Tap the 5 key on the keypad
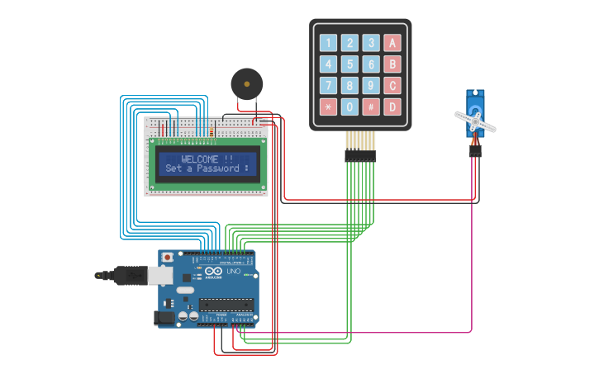[x=350, y=64]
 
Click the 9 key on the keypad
[x=372, y=85]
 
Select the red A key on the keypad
[x=392, y=43]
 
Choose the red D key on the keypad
[x=392, y=107]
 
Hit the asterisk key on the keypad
[x=329, y=107]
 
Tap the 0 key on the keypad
[x=350, y=107]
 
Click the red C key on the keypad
[x=392, y=85]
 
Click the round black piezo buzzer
[x=246, y=83]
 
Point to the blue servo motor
[x=475, y=116]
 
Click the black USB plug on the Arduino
[x=132, y=275]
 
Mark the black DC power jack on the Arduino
[x=165, y=318]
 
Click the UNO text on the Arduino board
[x=233, y=272]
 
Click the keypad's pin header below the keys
[x=360, y=154]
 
